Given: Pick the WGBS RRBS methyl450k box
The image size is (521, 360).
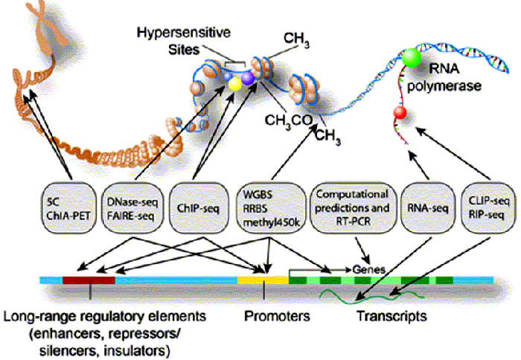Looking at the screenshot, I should tap(266, 199).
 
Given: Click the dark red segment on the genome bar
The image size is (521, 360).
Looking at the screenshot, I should tap(89, 280).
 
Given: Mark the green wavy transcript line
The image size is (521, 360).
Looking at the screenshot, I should tap(357, 298).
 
